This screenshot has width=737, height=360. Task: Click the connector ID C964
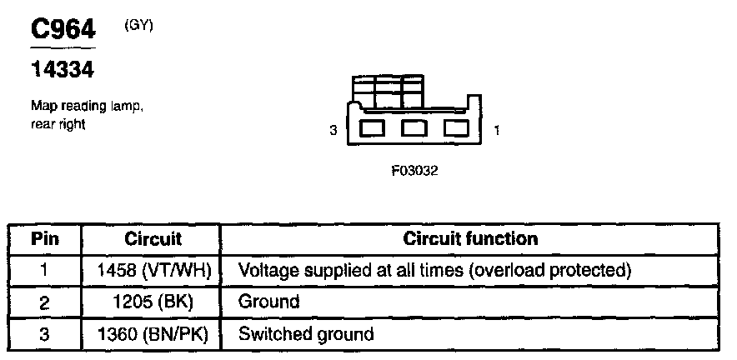point(63,30)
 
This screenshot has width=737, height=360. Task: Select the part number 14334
point(62,72)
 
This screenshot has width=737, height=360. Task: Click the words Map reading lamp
point(81,107)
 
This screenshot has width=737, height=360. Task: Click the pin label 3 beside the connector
point(333,131)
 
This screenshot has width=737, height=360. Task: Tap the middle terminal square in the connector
point(414,129)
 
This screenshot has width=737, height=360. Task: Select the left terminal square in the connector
point(372,129)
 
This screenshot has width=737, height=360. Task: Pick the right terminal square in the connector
point(455,129)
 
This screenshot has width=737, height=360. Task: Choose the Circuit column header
point(152,238)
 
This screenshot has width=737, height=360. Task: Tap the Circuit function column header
point(470,238)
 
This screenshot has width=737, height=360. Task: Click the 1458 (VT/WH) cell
point(152,270)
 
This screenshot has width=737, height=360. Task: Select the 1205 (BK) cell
point(152,302)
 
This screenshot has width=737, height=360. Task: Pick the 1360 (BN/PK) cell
point(152,334)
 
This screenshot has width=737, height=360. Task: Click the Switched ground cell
point(306,334)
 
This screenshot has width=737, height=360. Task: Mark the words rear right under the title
point(58,124)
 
